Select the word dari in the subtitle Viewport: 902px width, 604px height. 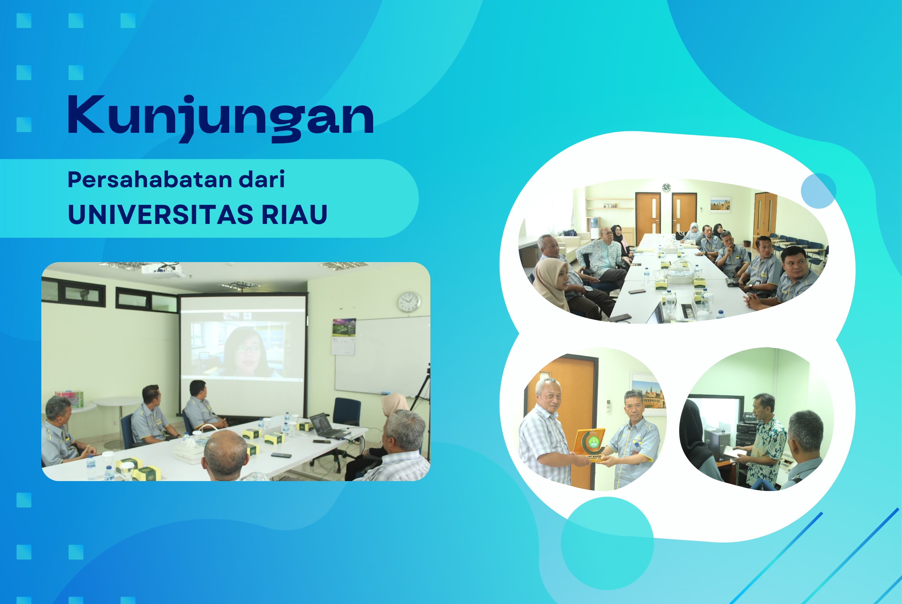[x=262, y=179]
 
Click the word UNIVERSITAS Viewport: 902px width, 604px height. [x=161, y=214]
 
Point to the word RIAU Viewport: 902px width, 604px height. [x=294, y=214]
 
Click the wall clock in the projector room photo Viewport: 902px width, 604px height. [x=409, y=302]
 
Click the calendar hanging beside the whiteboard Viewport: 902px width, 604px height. [x=344, y=337]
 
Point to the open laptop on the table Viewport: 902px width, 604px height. [x=327, y=426]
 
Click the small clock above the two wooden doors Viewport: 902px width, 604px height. [x=667, y=188]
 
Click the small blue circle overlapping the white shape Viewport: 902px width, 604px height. [x=818, y=191]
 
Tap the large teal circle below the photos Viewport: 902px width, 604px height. [x=607, y=544]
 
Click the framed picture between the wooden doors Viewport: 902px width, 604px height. [x=720, y=205]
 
